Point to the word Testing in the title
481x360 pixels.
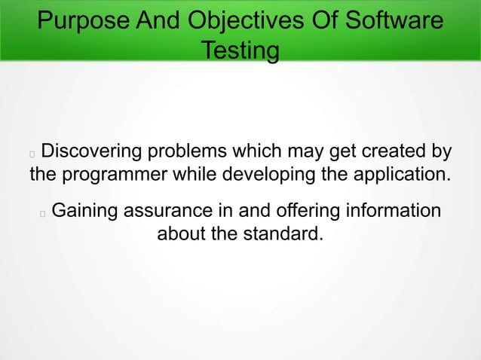240,51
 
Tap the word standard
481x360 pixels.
283,233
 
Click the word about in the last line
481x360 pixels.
181,233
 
